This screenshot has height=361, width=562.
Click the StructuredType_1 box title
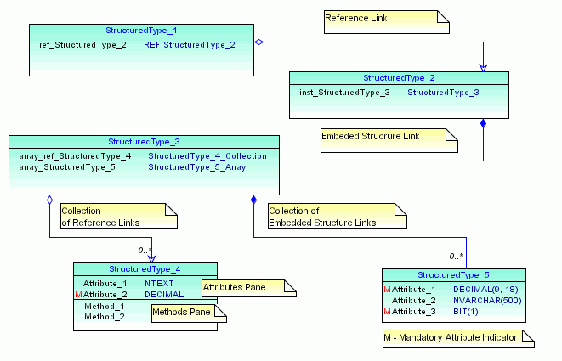pos(144,31)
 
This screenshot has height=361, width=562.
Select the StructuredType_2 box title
pos(399,78)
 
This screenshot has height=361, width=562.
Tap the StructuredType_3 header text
pos(144,141)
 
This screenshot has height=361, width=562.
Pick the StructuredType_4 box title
pos(145,268)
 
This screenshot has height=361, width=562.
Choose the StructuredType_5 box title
pos(453,275)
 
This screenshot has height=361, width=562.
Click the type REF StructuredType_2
pos(189,44)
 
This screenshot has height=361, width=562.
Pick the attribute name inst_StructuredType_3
pos(343,92)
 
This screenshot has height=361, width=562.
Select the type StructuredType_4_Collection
pos(207,156)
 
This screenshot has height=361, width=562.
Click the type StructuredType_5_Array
pos(196,167)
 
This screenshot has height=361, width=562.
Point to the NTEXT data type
pos(158,283)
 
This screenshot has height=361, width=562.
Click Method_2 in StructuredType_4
pos(104,317)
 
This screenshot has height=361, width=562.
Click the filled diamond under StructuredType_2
pos(485,125)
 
